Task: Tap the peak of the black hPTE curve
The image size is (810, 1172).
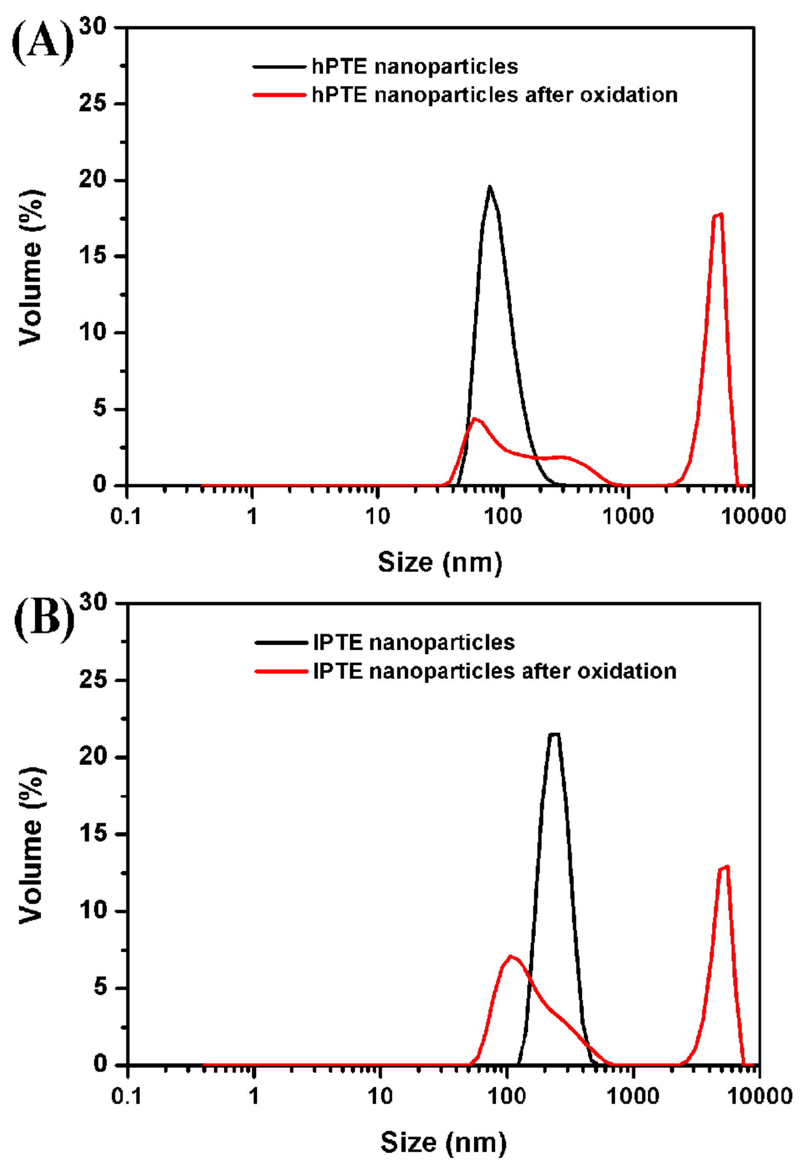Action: [490, 187]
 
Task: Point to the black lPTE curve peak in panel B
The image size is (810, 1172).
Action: [554, 734]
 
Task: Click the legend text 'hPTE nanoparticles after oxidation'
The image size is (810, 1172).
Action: [495, 95]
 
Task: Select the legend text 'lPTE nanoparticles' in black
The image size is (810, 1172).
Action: [414, 643]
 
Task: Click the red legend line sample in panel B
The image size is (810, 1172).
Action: [281, 671]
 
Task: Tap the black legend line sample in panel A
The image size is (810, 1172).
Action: [280, 66]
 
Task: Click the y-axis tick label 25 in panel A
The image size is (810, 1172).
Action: [93, 103]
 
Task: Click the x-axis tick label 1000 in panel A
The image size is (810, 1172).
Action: [628, 517]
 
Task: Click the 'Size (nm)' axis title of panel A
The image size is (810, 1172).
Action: [440, 562]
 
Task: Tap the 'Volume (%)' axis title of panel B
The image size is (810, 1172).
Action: [31, 846]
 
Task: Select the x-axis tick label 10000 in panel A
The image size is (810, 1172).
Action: [753, 517]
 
